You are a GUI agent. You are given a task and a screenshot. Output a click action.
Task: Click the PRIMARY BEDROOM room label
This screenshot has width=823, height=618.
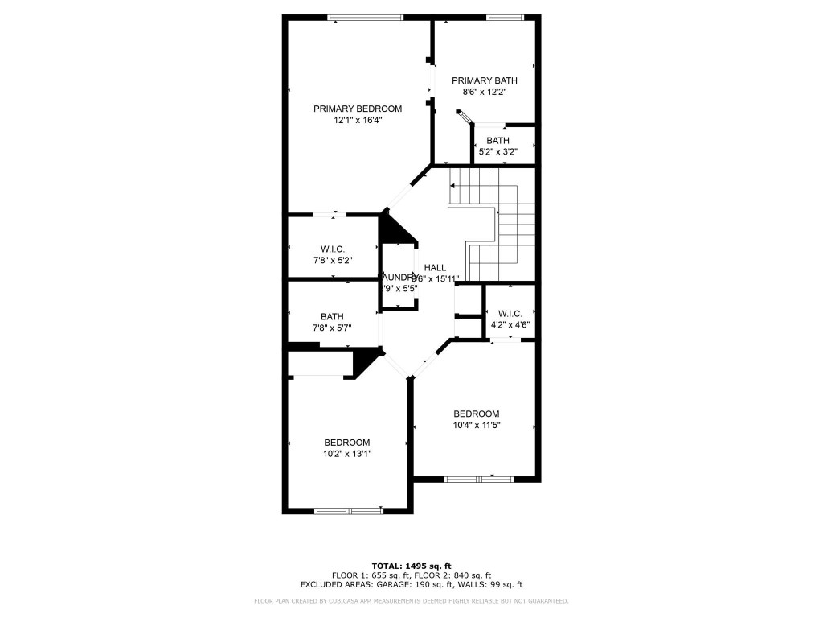click(x=357, y=109)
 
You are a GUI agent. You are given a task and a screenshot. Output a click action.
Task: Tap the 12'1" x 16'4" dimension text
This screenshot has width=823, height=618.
click(x=357, y=121)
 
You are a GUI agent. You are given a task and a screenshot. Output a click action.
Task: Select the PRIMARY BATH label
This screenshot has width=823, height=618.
click(x=484, y=80)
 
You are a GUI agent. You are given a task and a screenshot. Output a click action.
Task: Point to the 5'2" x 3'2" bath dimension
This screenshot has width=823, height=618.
click(x=497, y=152)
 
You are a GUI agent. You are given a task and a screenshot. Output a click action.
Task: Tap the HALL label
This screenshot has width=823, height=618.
click(x=435, y=268)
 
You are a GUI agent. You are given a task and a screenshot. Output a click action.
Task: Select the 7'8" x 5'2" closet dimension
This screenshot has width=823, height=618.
click(x=333, y=262)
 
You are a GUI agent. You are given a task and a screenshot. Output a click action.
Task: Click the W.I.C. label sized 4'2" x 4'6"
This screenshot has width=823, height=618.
click(x=510, y=314)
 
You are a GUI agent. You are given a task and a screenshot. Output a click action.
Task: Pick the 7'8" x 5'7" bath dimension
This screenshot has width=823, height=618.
click(x=333, y=328)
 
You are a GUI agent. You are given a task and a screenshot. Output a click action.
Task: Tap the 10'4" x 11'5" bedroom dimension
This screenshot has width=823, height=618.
click(x=476, y=426)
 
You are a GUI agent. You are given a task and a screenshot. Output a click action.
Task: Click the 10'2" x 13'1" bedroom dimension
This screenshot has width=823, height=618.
click(x=347, y=454)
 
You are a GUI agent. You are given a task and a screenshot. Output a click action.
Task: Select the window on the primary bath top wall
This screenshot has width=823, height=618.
click(x=505, y=18)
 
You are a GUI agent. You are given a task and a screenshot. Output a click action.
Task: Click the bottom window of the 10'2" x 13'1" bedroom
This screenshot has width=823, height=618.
click(x=348, y=510)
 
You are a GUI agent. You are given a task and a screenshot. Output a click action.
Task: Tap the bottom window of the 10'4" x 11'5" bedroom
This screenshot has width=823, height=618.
click(x=478, y=480)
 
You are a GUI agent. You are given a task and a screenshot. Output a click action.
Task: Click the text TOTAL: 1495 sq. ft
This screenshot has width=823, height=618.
click(x=411, y=565)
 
